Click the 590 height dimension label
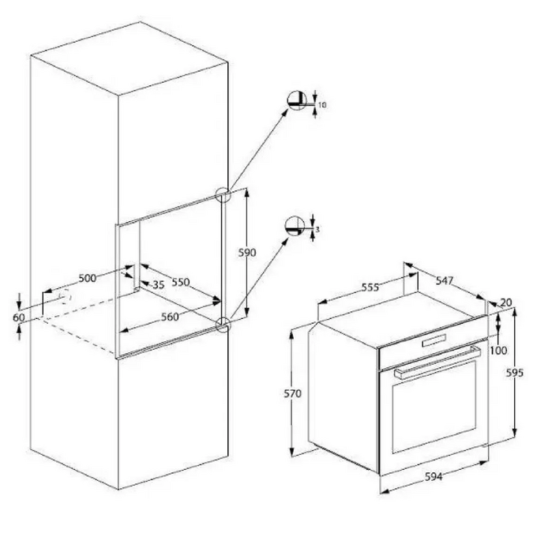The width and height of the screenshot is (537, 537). tap(248, 253)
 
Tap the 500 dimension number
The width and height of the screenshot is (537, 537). tap(88, 277)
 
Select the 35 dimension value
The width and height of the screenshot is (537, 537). tap(158, 285)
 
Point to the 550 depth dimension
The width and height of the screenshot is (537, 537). tap(182, 283)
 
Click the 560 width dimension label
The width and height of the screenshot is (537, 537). tap(170, 316)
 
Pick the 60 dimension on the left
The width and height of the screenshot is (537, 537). tap(19, 317)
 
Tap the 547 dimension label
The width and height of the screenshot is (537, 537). tap(445, 280)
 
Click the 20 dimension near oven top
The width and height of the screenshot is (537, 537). tap(505, 302)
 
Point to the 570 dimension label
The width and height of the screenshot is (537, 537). tap(293, 393)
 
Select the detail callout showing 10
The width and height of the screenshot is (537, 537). tap(297, 101)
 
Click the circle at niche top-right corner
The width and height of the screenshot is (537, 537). tap(222, 193)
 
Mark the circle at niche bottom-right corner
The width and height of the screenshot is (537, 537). tap(223, 323)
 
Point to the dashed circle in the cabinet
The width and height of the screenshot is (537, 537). tap(62, 299)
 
